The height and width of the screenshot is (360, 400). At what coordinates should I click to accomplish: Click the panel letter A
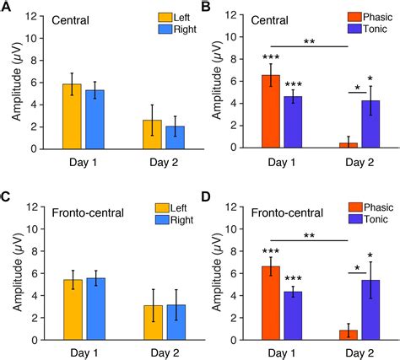6,8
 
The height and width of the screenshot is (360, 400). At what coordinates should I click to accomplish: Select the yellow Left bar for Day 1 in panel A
73,114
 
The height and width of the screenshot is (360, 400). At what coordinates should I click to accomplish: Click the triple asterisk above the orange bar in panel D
270,250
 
